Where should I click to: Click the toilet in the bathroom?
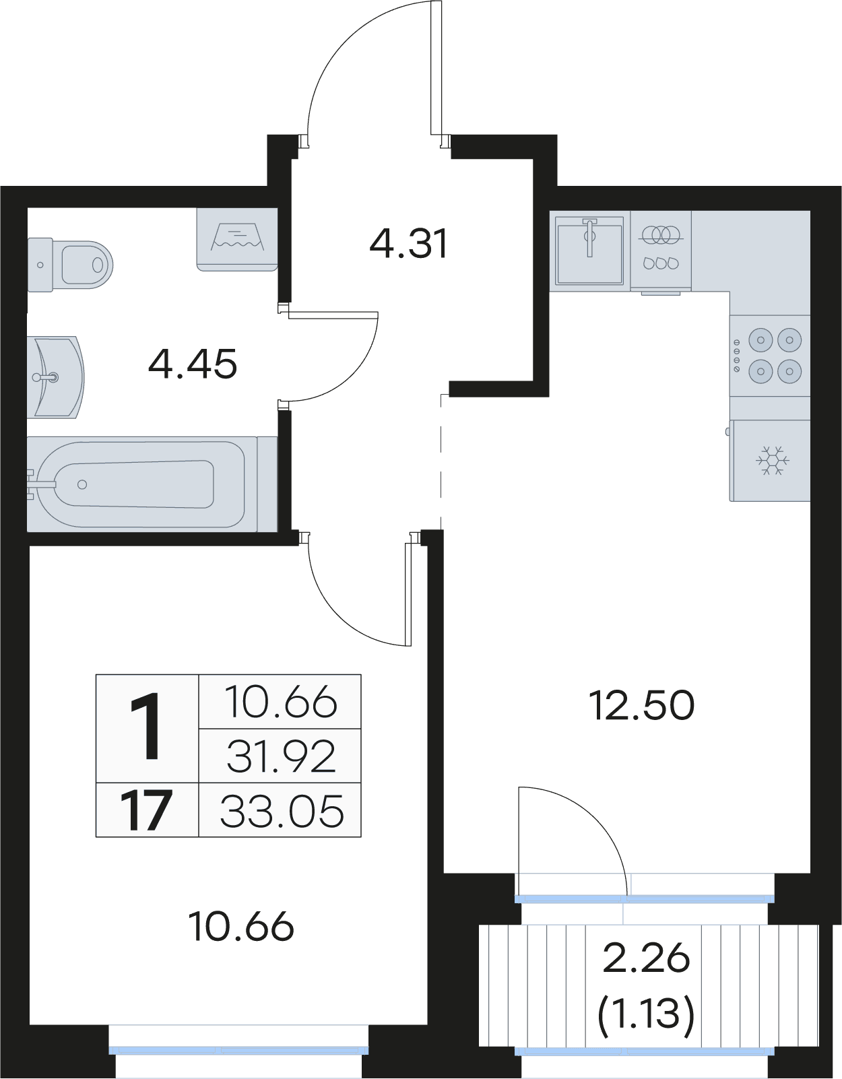(x=69, y=265)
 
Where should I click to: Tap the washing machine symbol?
(x=237, y=239)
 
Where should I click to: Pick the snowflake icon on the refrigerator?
(x=773, y=460)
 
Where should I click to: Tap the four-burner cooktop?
(x=770, y=356)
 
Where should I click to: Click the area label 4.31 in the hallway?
(x=409, y=243)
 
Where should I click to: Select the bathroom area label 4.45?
(x=193, y=364)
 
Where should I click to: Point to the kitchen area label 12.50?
(x=641, y=706)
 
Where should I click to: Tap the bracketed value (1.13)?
(x=646, y=1015)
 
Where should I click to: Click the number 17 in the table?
(x=146, y=810)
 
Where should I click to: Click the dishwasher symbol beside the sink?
(x=661, y=251)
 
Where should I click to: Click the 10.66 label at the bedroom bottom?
(x=242, y=927)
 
